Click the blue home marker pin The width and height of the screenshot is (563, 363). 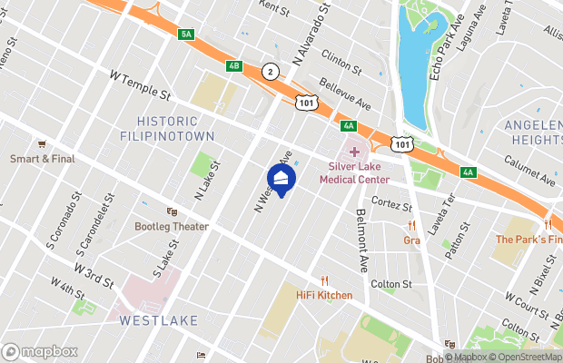[x=281, y=179]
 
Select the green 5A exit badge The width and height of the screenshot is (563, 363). [x=187, y=34]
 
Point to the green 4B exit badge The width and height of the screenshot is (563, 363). [x=234, y=65]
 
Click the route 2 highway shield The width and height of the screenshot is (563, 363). [x=270, y=71]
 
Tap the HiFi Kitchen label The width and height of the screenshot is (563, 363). [x=324, y=295]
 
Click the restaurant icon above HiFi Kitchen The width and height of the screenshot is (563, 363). [x=324, y=280]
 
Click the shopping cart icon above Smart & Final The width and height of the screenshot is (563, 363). [x=41, y=143]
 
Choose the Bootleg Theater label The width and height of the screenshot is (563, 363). [x=172, y=227]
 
